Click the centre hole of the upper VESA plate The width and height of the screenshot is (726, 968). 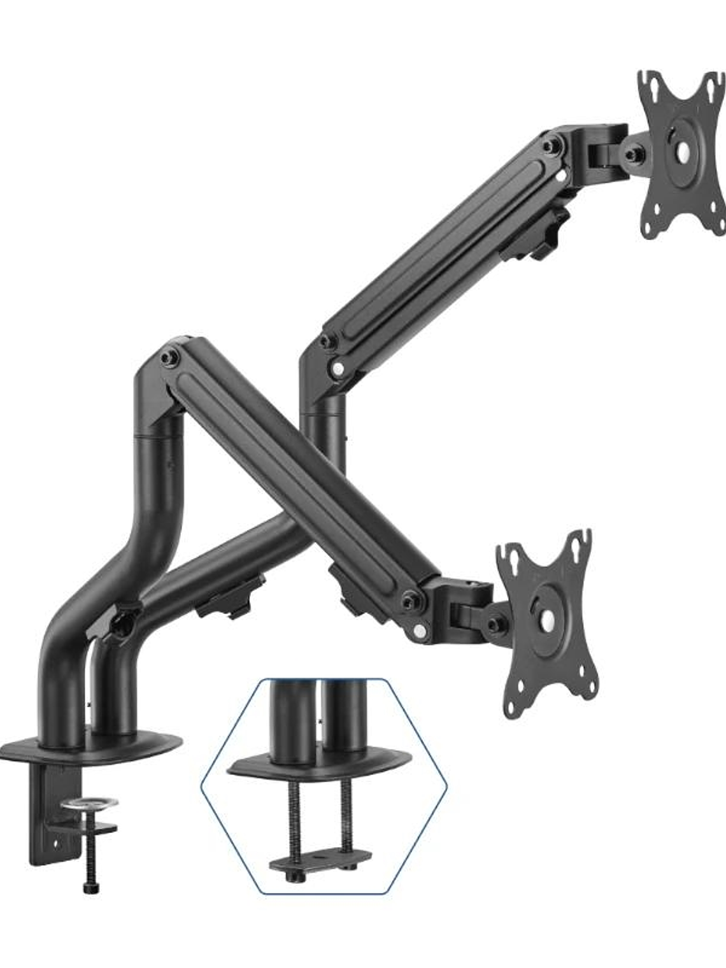pos(682,151)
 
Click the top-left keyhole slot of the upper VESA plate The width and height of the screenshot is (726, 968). pos(651,83)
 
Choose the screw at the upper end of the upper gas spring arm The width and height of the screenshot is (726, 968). pos(549,147)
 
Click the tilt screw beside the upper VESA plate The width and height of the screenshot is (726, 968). pos(632,155)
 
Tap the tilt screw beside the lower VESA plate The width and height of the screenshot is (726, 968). pos(494,624)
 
